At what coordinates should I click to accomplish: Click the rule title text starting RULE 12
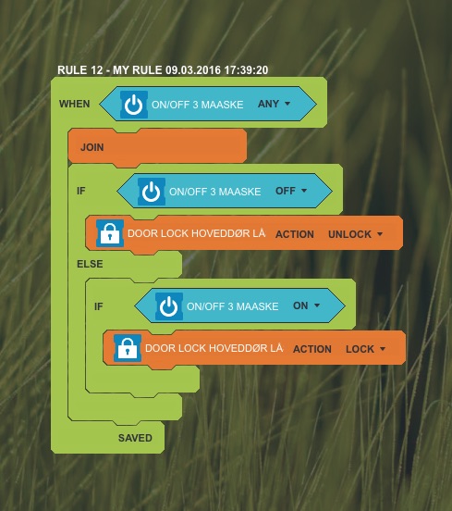click(x=163, y=70)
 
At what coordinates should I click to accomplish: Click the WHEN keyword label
click(x=75, y=104)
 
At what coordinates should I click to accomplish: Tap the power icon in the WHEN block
click(x=134, y=105)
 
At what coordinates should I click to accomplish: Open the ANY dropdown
click(x=274, y=104)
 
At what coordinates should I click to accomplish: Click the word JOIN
click(x=92, y=147)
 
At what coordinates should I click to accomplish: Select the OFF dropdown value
click(x=291, y=191)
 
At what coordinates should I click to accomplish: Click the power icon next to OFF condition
click(x=152, y=192)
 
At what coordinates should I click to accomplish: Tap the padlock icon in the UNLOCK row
click(x=110, y=233)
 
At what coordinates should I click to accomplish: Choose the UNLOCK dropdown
click(x=355, y=234)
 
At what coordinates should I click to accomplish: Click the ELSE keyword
click(x=90, y=264)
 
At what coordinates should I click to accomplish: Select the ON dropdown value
click(x=306, y=305)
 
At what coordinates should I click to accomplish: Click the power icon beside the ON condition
click(x=169, y=306)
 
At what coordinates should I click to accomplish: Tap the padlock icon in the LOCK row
click(x=128, y=348)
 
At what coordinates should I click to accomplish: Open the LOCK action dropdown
click(x=365, y=349)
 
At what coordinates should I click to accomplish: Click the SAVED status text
click(x=135, y=438)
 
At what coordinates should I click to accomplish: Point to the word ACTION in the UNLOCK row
click(x=295, y=234)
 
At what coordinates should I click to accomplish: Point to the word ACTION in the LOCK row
click(x=312, y=349)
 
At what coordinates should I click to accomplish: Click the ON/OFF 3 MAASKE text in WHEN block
click(x=198, y=105)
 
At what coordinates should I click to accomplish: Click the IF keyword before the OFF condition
click(x=81, y=191)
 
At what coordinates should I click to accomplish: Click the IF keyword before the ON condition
click(x=99, y=306)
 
